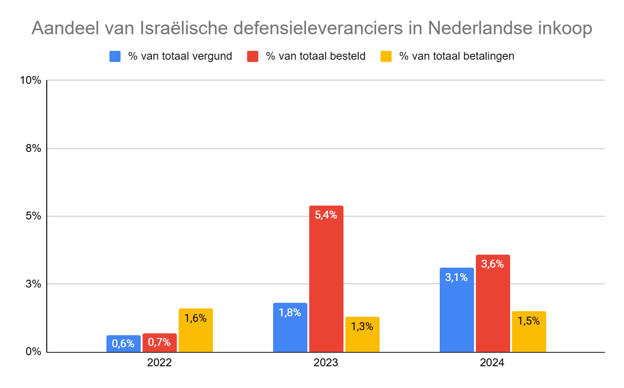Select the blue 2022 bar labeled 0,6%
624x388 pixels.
[123, 343]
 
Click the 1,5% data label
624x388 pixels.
[529, 321]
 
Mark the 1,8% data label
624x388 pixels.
[290, 313]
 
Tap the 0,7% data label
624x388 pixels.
[159, 343]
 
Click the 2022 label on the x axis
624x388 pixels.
[159, 363]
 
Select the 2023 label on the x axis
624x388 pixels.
[326, 363]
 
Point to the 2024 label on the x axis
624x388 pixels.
[493, 363]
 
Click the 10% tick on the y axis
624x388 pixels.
[31, 80]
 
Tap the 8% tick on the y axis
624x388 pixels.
[33, 149]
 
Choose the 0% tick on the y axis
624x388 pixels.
[33, 352]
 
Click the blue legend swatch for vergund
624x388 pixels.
[115, 56]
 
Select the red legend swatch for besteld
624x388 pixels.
[252, 56]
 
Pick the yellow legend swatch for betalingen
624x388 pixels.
[386, 56]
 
